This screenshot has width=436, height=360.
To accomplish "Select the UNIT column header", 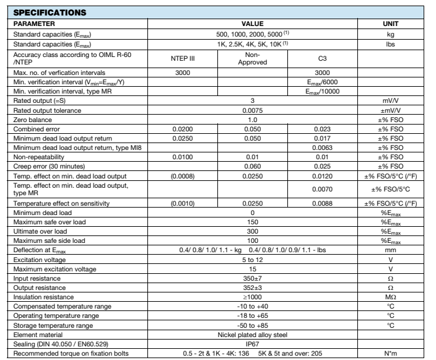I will pos(391,23).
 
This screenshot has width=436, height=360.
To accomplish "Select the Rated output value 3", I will pos(253,100).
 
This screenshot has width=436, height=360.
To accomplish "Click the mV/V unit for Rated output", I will pos(391,100).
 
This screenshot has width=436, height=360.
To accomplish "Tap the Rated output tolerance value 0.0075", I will pos(253,108).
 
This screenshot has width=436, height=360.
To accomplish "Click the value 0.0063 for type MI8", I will pos(320,141).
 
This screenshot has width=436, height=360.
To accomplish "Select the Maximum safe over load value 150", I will pos(253,221).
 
